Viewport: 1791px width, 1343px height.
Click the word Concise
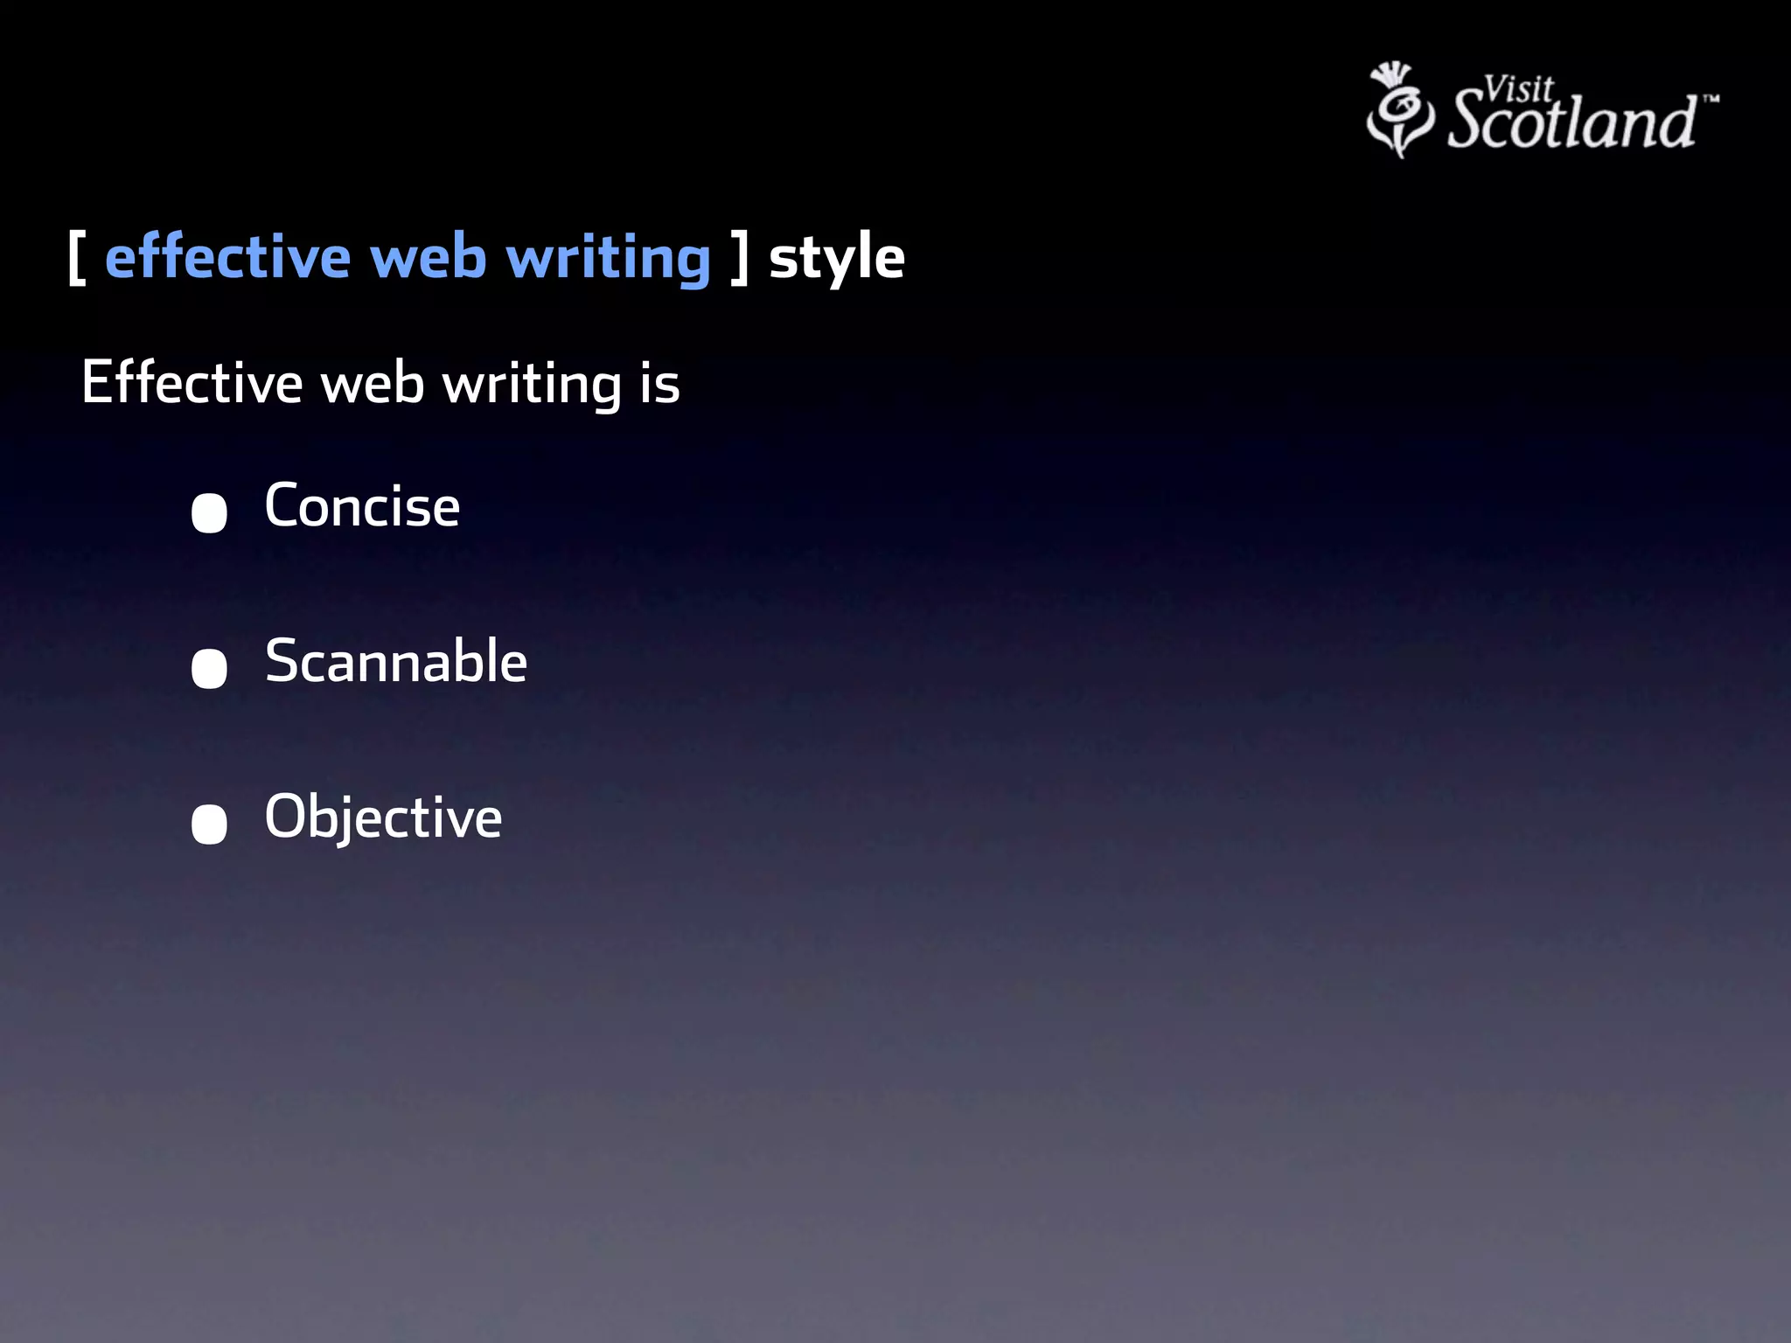[362, 506]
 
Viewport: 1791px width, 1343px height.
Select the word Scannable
[395, 661]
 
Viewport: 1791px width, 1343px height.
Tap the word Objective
[383, 818]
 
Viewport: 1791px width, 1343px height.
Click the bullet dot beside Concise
[209, 513]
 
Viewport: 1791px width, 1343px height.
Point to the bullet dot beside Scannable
[209, 669]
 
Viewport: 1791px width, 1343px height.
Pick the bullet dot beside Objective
[209, 824]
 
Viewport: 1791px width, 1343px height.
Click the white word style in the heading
[836, 259]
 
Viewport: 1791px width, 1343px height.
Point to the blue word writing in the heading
[609, 261]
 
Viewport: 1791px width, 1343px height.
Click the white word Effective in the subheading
[192, 383]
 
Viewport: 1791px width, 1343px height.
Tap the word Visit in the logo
[1518, 89]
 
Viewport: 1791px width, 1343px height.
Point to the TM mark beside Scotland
[1711, 99]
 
